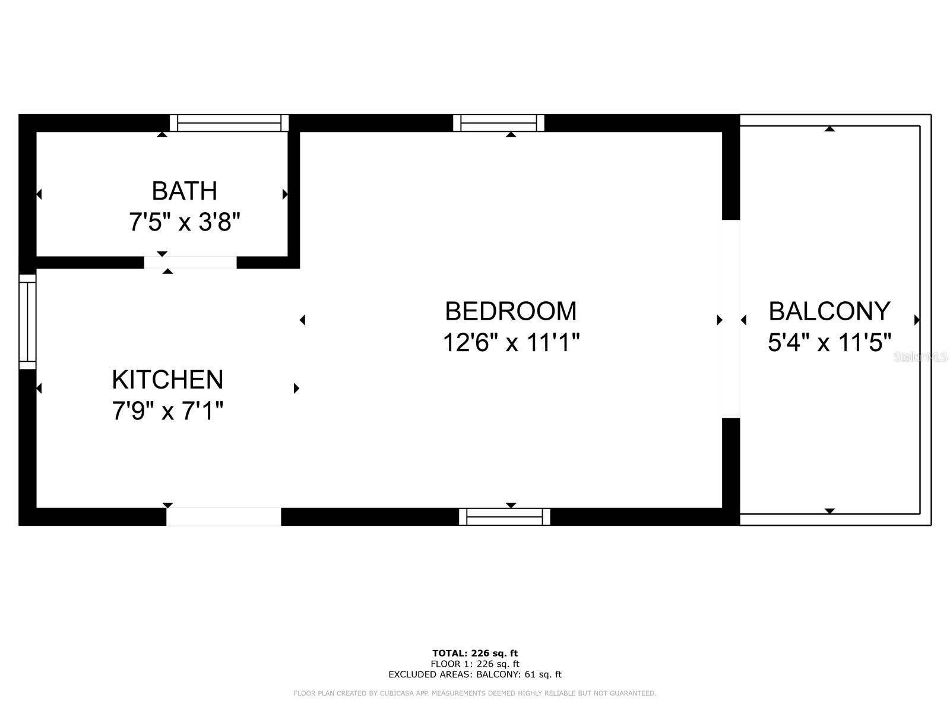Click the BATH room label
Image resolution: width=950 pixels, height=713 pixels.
[184, 191]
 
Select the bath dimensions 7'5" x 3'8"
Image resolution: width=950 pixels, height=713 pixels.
[184, 223]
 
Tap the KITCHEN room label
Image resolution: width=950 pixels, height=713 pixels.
[167, 380]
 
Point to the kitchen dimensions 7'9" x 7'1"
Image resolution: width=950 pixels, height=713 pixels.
[167, 411]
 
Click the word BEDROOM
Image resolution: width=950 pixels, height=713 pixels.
[511, 311]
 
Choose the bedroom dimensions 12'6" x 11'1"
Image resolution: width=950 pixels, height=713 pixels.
[511, 343]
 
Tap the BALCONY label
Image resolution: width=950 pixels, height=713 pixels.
[829, 311]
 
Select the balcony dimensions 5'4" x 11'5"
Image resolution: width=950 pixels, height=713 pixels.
[829, 343]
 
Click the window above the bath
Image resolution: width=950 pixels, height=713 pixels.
[229, 123]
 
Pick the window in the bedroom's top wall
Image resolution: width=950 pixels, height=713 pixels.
[499, 123]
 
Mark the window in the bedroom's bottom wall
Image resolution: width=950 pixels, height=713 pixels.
[505, 517]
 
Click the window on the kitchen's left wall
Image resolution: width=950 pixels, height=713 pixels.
[27, 321]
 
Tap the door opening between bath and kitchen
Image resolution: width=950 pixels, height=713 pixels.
[190, 263]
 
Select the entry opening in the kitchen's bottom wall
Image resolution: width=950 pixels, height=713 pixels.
[223, 517]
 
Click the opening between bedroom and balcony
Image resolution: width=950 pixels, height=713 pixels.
[731, 319]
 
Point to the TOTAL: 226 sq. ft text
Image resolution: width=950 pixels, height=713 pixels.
[475, 654]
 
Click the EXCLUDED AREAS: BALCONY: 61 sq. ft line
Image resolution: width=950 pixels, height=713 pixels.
[475, 674]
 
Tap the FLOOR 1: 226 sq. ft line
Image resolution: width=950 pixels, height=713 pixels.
[475, 664]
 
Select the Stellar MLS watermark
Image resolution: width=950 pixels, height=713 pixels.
[920, 357]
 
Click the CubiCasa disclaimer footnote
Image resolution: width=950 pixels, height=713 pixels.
[475, 693]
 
